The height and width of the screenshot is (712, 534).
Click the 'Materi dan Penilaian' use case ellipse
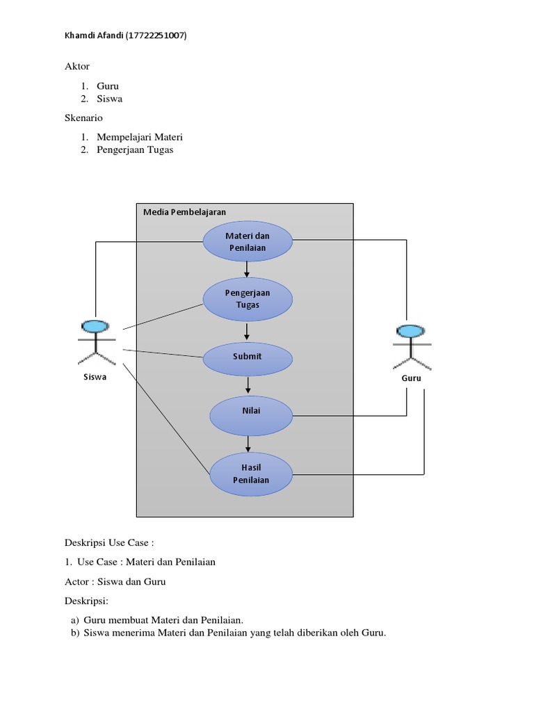[248, 241]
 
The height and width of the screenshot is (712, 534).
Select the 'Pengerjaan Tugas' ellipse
[248, 299]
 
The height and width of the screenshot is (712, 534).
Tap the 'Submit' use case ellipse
[248, 357]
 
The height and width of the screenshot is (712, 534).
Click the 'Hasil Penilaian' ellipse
[251, 474]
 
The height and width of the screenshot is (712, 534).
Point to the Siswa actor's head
[95, 325]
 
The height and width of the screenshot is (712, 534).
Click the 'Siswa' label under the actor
[95, 378]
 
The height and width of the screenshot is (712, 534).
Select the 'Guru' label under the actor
[411, 379]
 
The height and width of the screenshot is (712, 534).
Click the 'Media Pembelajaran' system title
[184, 212]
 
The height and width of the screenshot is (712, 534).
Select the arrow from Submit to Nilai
[248, 385]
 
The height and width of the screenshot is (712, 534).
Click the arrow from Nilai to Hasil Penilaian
[248, 442]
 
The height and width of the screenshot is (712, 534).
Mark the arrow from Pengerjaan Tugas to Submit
[247, 331]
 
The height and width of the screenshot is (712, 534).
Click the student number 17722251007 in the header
[156, 35]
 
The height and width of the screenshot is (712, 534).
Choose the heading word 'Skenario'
[83, 118]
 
